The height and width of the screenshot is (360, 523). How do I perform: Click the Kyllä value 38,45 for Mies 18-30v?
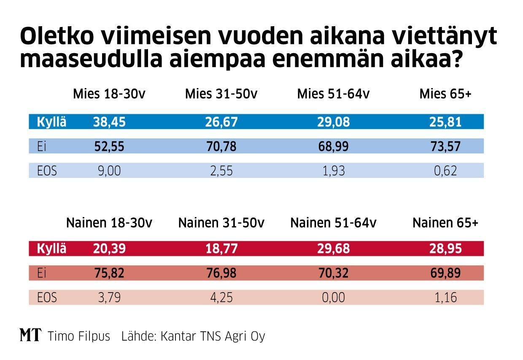(x=109, y=122)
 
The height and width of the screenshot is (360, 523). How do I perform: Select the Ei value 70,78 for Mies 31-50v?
(x=221, y=147)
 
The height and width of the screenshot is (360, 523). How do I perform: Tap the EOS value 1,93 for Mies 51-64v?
(x=333, y=171)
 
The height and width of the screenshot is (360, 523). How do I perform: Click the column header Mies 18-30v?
(x=109, y=94)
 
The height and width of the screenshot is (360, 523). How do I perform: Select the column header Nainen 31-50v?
(x=221, y=223)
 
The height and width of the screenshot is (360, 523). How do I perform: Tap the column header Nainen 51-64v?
(x=333, y=223)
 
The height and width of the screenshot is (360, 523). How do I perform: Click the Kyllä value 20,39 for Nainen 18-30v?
(x=109, y=249)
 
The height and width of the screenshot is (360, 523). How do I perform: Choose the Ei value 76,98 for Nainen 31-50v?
(x=221, y=273)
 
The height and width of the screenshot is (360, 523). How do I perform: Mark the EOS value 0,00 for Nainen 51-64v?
(x=333, y=298)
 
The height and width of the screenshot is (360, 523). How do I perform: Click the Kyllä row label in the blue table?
(x=52, y=122)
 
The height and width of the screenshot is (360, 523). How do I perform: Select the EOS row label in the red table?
(x=47, y=298)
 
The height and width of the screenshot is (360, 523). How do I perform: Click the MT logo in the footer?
(x=30, y=336)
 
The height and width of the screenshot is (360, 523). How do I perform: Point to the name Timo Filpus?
(x=79, y=336)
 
